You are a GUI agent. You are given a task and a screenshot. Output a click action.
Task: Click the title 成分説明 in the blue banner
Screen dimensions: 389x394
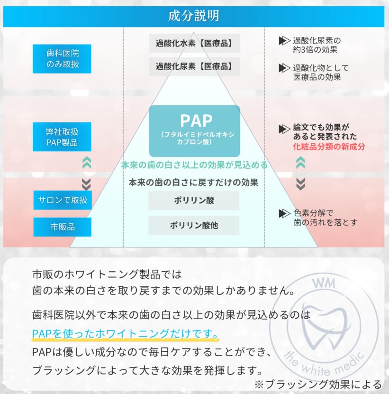pyautogui.click(x=194, y=16)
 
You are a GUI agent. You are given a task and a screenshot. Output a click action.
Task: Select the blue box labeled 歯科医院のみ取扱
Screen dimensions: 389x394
pyautogui.click(x=62, y=59)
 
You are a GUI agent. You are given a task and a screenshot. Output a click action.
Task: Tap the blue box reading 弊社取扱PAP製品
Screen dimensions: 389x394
pyautogui.click(x=62, y=137)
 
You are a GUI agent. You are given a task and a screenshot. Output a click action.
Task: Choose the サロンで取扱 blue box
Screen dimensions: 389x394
pyautogui.click(x=62, y=200)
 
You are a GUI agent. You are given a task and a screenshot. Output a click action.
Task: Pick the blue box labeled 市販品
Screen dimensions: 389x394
pyautogui.click(x=62, y=227)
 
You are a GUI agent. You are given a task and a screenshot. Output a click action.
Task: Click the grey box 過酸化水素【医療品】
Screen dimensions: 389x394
pyautogui.click(x=194, y=43)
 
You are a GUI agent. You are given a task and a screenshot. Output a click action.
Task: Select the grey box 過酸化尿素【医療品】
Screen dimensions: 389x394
pyautogui.click(x=194, y=67)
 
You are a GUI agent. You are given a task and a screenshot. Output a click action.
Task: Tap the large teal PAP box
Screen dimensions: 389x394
pyautogui.click(x=194, y=131)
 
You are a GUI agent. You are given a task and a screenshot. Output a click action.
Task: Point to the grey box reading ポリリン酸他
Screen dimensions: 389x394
pyautogui.click(x=194, y=225)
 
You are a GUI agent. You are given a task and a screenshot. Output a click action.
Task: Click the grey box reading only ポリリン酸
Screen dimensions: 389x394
pyautogui.click(x=194, y=201)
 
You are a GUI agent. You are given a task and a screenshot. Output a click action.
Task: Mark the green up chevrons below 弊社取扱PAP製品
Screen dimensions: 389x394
pyautogui.click(x=86, y=164)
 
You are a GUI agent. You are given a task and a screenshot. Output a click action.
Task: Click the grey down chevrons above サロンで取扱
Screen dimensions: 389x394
pyautogui.click(x=86, y=183)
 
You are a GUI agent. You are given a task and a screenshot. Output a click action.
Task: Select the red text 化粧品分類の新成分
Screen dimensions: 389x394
pyautogui.click(x=329, y=147)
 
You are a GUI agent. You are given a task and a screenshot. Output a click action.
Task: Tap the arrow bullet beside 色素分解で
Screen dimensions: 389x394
pyautogui.click(x=284, y=213)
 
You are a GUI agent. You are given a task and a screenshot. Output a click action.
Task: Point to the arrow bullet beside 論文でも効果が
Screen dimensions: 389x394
pyautogui.click(x=284, y=128)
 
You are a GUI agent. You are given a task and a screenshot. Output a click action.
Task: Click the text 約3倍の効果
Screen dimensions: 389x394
pyautogui.click(x=315, y=50)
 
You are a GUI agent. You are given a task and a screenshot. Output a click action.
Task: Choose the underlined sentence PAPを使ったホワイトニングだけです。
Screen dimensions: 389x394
pyautogui.click(x=125, y=334)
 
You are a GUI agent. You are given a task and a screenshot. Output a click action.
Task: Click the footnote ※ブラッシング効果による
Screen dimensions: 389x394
pyautogui.click(x=318, y=384)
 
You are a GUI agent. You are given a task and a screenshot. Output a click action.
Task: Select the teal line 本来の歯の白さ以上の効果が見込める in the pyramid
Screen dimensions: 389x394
pyautogui.click(x=194, y=165)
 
